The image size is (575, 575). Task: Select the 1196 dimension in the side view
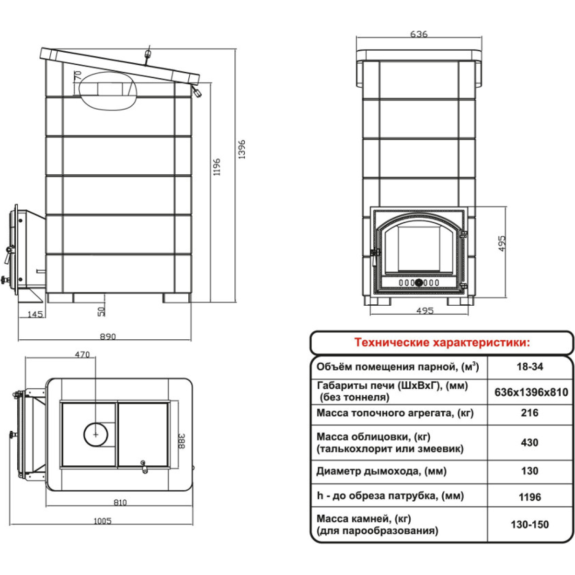[217, 167]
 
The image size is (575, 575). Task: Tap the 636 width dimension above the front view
[419, 34]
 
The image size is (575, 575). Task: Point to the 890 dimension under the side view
[107, 336]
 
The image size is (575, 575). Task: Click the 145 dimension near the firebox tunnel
[35, 314]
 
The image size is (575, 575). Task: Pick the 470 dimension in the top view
[82, 355]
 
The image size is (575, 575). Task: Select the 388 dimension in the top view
[182, 441]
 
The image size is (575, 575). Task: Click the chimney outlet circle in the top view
[96, 435]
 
